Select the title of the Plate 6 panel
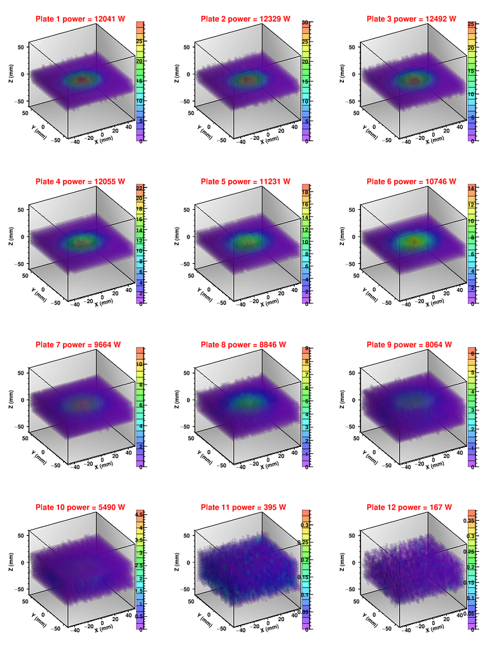(411, 182)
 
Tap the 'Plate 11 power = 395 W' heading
(245, 507)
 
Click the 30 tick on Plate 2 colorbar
(306, 22)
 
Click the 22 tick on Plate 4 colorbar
(139, 188)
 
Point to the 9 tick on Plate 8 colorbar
(307, 348)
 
